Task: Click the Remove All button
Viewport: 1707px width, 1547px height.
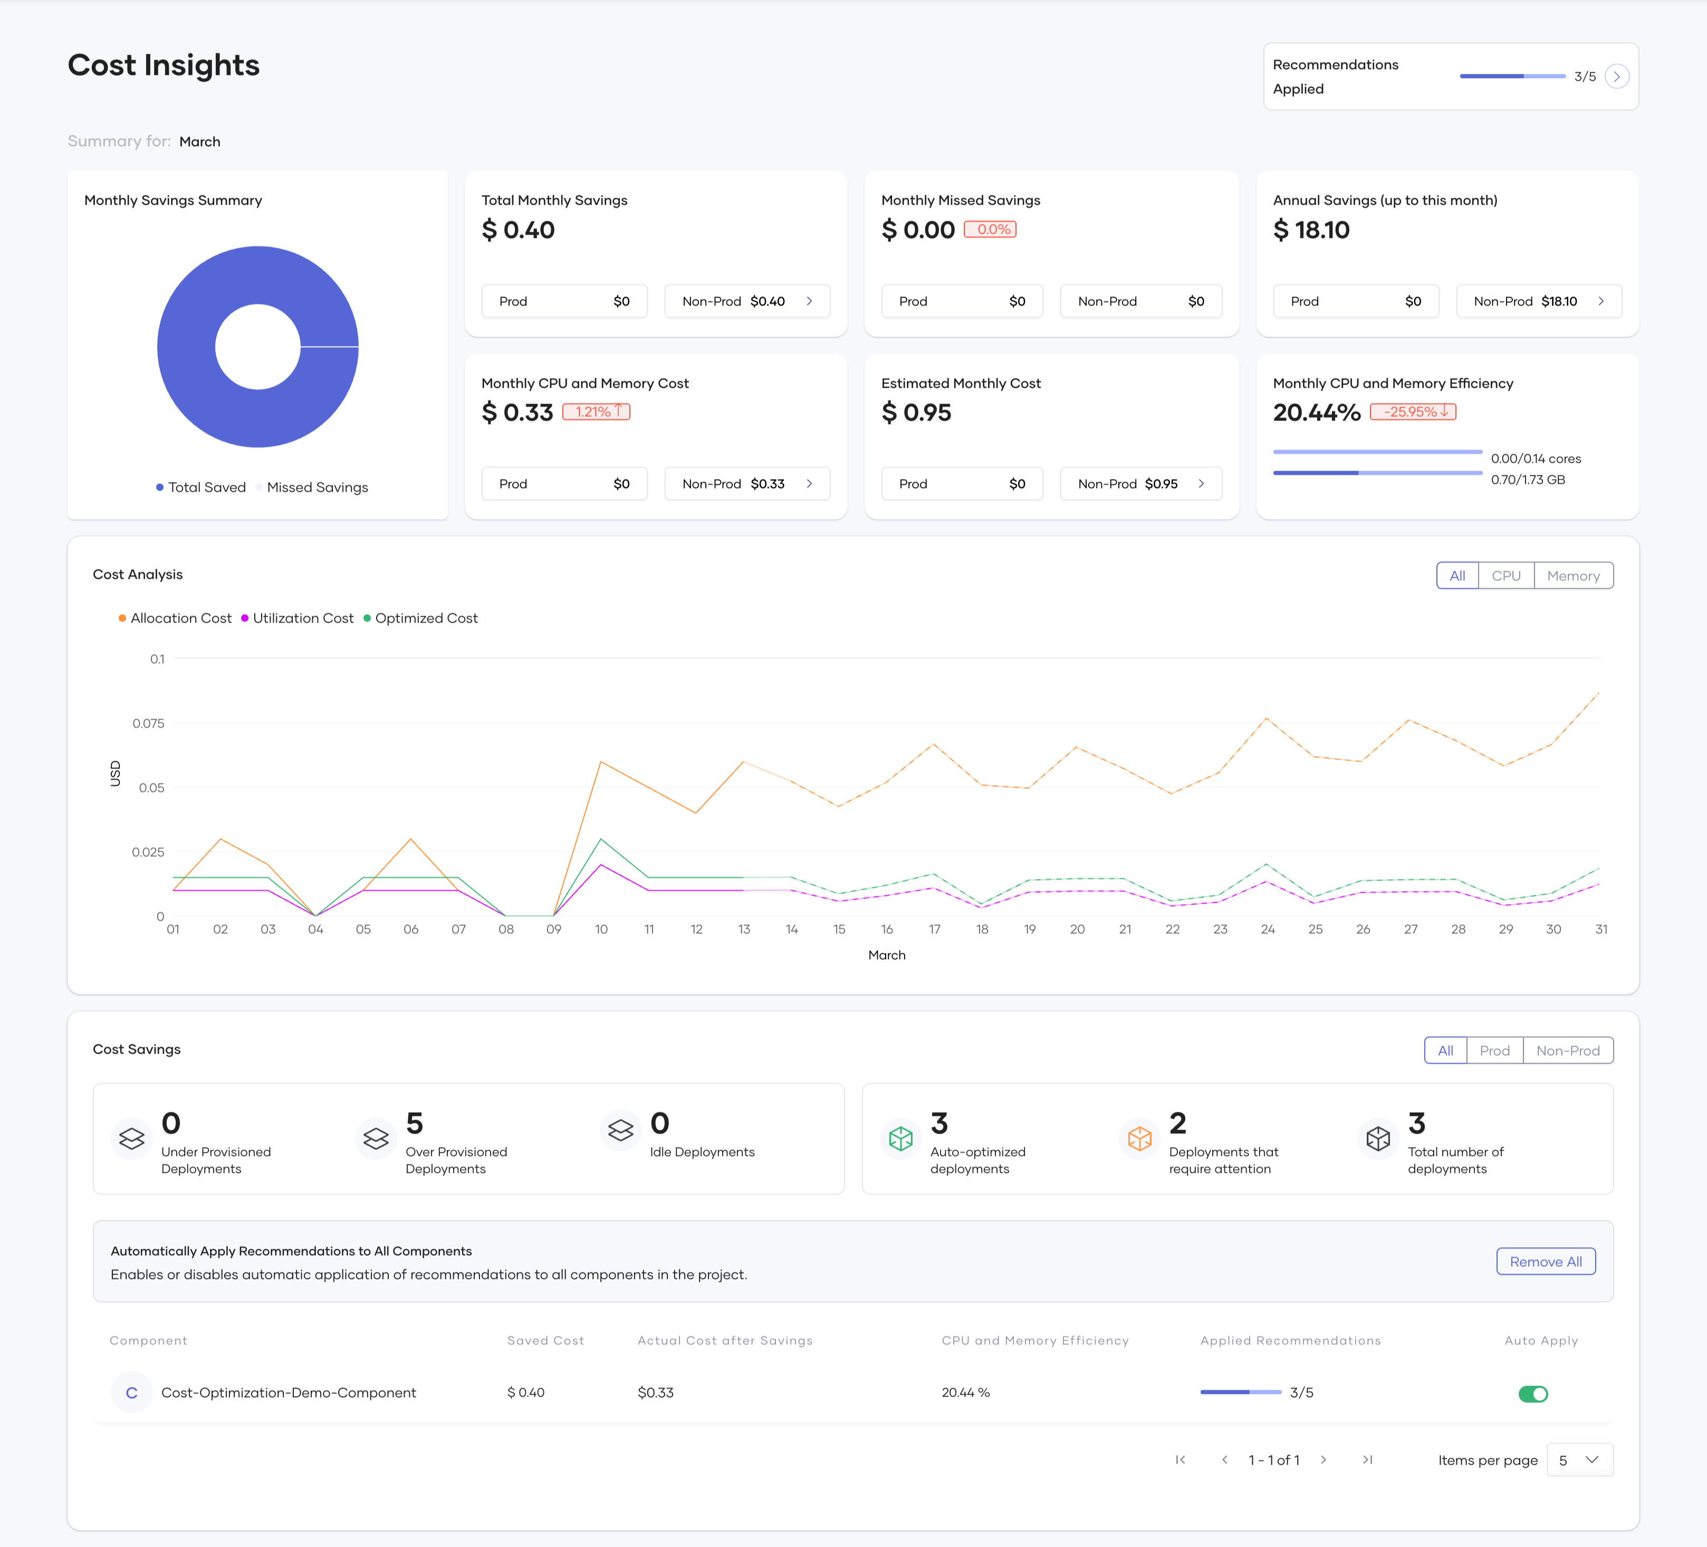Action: pyautogui.click(x=1545, y=1262)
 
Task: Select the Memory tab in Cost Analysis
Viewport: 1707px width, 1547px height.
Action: pyautogui.click(x=1572, y=576)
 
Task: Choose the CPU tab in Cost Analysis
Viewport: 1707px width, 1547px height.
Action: pyautogui.click(x=1505, y=576)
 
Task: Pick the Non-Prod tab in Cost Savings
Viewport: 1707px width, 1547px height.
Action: pyautogui.click(x=1567, y=1051)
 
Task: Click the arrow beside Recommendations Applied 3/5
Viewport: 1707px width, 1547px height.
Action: pyautogui.click(x=1616, y=77)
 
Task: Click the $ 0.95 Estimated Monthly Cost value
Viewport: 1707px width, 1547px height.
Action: pyautogui.click(x=916, y=413)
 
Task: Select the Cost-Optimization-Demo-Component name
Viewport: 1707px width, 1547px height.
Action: pyautogui.click(x=288, y=1393)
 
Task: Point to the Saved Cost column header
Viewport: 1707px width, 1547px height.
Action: pyautogui.click(x=545, y=1340)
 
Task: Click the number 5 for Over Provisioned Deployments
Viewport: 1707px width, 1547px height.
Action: pyautogui.click(x=414, y=1124)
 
